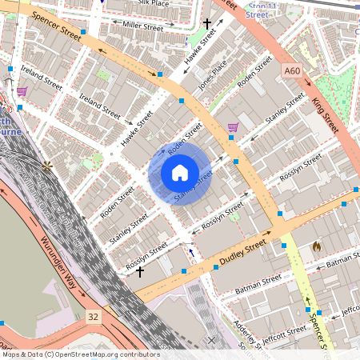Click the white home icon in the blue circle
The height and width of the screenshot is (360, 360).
click(x=180, y=172)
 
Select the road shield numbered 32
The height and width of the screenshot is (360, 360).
click(x=94, y=317)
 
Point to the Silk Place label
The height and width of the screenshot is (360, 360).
click(x=154, y=4)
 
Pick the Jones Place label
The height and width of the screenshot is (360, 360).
click(x=213, y=74)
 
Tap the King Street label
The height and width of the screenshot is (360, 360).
click(x=326, y=115)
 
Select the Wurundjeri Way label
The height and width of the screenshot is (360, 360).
click(x=58, y=264)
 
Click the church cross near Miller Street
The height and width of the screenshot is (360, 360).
click(x=208, y=24)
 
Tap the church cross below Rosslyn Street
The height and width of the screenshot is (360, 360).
click(x=140, y=272)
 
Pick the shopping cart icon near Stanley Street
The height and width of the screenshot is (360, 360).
click(x=233, y=126)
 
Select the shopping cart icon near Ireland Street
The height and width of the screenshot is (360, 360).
click(x=22, y=92)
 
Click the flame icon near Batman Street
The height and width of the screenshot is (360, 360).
click(x=318, y=247)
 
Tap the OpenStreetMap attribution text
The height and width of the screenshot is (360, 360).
click(x=80, y=354)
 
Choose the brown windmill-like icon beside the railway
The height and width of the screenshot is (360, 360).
click(x=49, y=166)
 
